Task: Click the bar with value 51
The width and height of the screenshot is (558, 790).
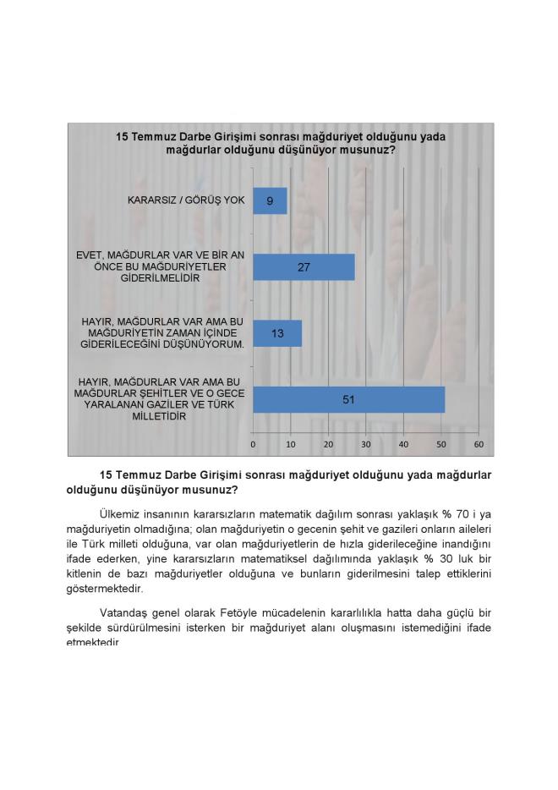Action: (348, 400)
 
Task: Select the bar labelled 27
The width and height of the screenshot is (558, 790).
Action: (304, 267)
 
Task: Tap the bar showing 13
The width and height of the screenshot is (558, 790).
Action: (277, 333)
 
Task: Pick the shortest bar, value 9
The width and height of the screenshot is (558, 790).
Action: (270, 201)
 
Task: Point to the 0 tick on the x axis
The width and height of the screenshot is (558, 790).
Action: (253, 444)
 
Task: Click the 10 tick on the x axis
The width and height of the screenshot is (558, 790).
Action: (291, 444)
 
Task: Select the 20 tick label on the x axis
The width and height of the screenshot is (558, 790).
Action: (328, 444)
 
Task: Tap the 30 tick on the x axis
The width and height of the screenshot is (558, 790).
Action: (366, 444)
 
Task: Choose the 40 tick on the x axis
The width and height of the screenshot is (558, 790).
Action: (403, 444)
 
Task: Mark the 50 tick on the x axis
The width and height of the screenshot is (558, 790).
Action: (441, 444)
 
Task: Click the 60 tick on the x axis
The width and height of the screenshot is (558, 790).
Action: (479, 444)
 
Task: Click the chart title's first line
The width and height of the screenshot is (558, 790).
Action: (280, 135)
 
